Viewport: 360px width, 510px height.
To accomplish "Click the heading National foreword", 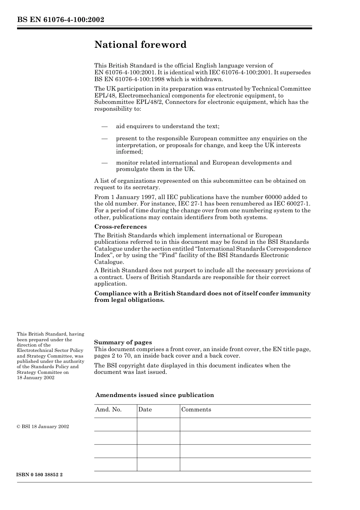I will click(x=140, y=45).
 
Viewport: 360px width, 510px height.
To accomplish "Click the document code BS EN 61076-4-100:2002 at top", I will click(x=60, y=20).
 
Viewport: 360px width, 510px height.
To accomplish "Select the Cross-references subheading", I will click(x=120, y=227).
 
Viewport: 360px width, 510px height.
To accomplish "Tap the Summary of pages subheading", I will click(x=123, y=342).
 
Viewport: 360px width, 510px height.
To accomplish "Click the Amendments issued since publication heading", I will click(x=155, y=395).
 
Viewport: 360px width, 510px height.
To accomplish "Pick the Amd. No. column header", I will click(x=108, y=410).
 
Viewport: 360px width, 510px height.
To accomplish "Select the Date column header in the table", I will click(x=145, y=410).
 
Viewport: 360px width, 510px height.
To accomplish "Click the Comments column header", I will click(x=196, y=410).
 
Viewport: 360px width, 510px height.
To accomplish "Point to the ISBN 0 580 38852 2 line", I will click(x=40, y=475).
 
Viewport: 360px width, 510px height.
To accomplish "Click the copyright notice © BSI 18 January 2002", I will click(x=43, y=427).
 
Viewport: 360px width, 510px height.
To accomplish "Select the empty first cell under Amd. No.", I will click(x=115, y=425).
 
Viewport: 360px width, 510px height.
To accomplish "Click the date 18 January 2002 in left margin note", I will click(x=36, y=378).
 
